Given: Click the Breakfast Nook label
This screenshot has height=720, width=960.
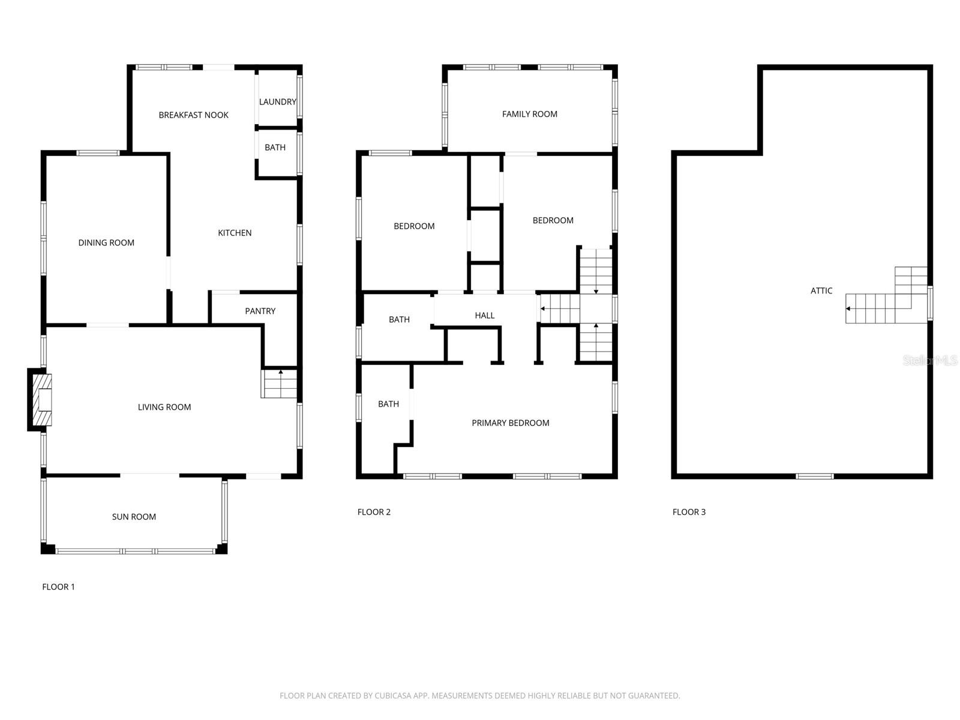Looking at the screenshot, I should pos(193,115).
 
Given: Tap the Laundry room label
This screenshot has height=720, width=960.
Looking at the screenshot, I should pos(277,102).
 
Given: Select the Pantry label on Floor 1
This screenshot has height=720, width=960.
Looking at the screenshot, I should pos(260,311).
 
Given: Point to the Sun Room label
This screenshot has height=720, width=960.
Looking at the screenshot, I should pos(134,517).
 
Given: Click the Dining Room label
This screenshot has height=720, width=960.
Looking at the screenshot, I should pos(106,243).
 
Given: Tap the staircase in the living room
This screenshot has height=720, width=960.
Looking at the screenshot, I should pos(280,384).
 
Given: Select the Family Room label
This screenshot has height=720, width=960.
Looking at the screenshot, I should pos(529,114).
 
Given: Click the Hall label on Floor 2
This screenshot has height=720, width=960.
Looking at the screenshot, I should pos(484,316).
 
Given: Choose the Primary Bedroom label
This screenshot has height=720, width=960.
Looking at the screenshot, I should pos(510,423).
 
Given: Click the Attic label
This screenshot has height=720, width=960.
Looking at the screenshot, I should pos(821,291).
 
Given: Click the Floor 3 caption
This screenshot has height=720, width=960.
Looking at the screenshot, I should pos(689,512).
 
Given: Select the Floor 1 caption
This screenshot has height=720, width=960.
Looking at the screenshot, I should pos(58,587).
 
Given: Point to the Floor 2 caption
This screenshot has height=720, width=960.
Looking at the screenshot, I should pos(374,512).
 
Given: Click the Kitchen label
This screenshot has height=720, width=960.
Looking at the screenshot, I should pos(235,233).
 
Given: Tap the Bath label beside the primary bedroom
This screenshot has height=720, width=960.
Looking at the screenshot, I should pos(388,404).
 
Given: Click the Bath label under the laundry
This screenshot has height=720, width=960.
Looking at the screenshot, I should pos(275,148).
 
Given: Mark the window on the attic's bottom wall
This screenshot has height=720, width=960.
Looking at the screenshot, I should pos(814,476).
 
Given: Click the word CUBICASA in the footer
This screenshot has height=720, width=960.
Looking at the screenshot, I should pos(395,696).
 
